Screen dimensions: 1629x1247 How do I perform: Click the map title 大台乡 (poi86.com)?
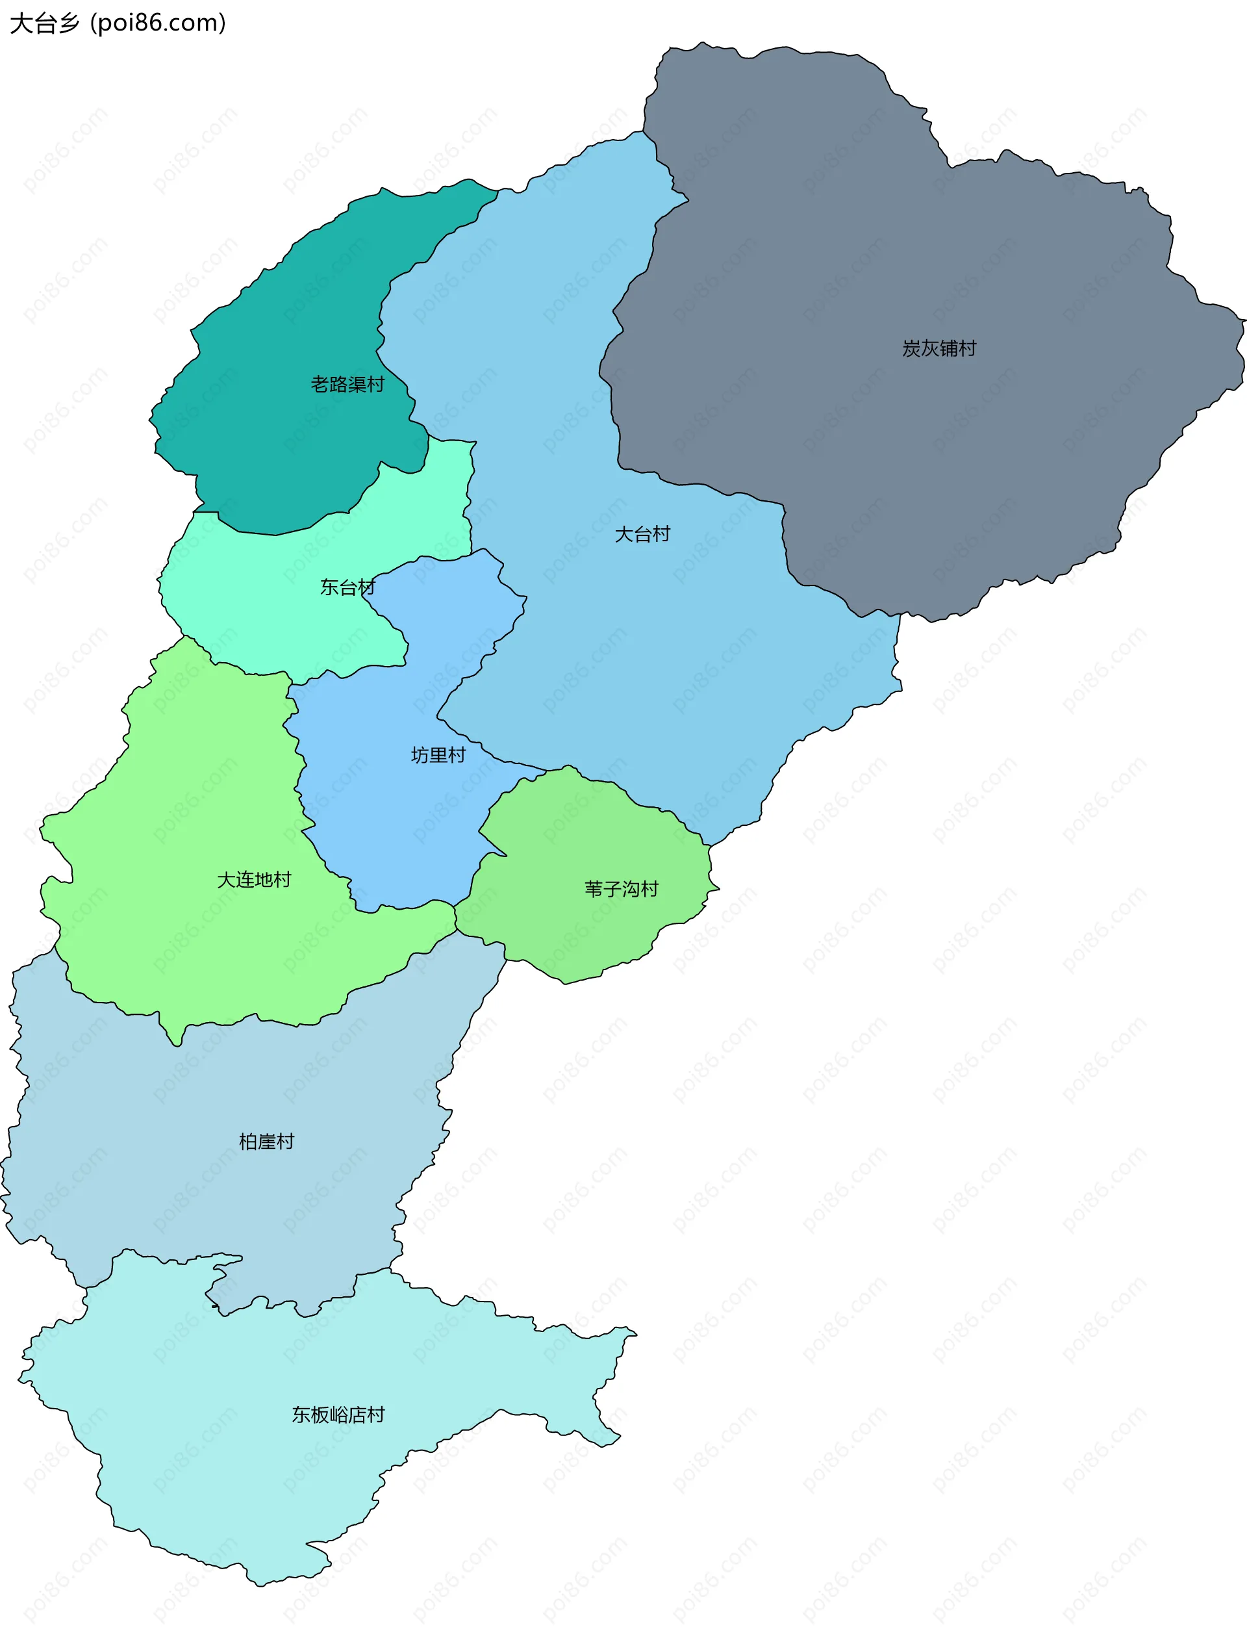[x=118, y=23]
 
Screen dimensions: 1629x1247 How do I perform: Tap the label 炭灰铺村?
[x=939, y=348]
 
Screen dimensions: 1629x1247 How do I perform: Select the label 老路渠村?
[x=347, y=385]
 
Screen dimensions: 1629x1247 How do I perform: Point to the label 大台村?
[x=642, y=534]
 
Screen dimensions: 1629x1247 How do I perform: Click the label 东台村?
[x=347, y=587]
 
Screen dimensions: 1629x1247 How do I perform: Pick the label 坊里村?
[x=438, y=755]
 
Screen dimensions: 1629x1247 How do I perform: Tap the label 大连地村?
[x=254, y=880]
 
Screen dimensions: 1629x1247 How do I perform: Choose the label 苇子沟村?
[x=622, y=889]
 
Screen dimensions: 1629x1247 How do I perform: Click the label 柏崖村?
[x=266, y=1141]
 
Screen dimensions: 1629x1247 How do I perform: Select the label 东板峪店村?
[x=338, y=1415]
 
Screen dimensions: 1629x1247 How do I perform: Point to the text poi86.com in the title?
[x=157, y=23]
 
